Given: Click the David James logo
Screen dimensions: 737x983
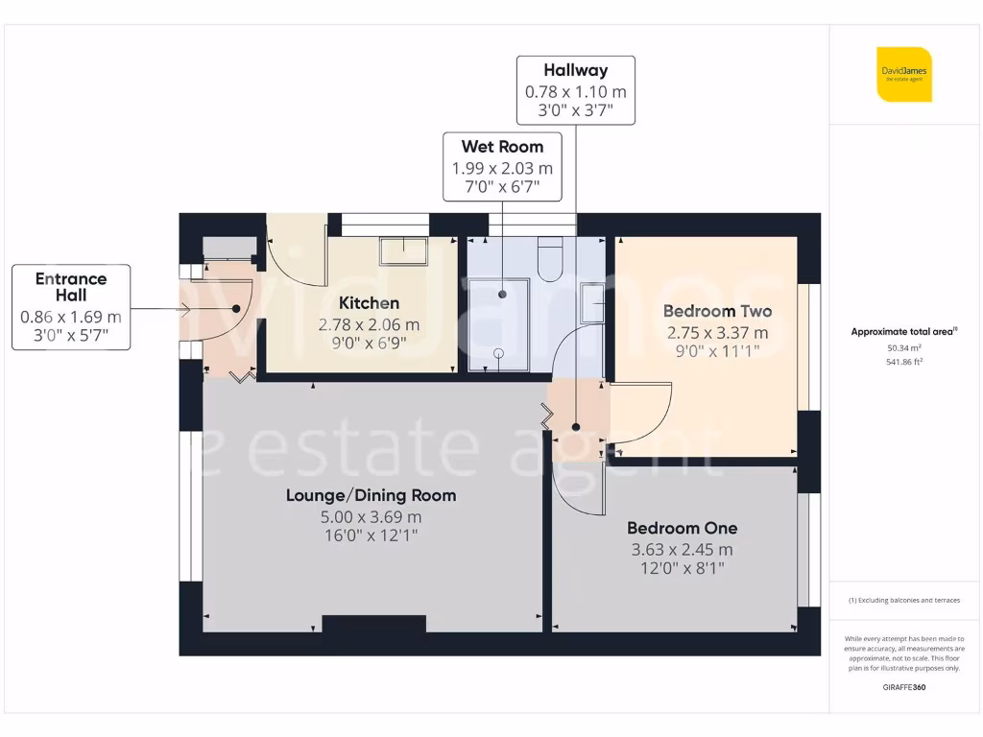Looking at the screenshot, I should tap(903, 74).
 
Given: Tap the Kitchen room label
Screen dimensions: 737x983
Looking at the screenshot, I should tap(369, 303).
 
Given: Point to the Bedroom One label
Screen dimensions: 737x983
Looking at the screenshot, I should tap(682, 528).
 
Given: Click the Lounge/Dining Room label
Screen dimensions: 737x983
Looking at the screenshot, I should tap(371, 495).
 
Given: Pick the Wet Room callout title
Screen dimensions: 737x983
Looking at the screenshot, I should tap(502, 147).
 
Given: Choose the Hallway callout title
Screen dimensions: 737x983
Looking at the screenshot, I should tap(575, 70).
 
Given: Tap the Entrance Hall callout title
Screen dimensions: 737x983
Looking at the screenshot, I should tap(71, 287).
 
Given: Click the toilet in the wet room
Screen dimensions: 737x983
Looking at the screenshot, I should tap(550, 259).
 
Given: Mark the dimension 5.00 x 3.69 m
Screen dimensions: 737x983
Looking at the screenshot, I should tap(371, 517).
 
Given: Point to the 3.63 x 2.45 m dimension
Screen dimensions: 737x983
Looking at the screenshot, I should tap(682, 550).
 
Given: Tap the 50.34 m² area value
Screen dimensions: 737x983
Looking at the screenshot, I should tap(903, 349).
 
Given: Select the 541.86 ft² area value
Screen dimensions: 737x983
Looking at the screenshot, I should tap(903, 362).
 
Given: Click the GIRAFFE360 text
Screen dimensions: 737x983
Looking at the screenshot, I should tap(903, 687).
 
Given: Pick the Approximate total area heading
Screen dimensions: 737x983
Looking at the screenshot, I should tap(903, 332).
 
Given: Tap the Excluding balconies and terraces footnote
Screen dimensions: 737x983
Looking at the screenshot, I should tap(903, 601).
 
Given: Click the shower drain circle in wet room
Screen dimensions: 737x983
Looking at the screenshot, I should tap(498, 352).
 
